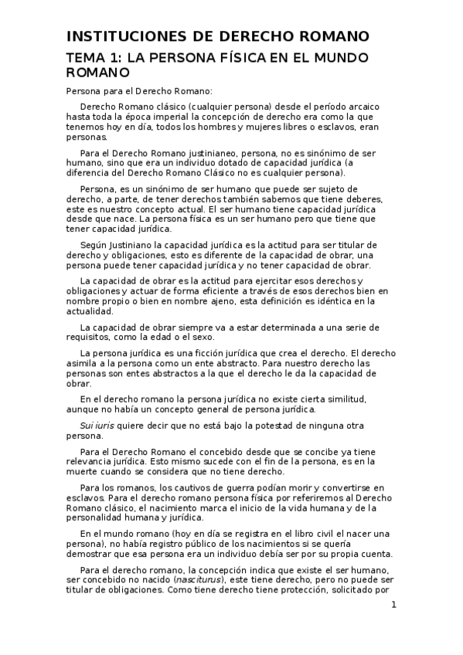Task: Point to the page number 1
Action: pos(393,605)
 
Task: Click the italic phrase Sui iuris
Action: pos(97,426)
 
